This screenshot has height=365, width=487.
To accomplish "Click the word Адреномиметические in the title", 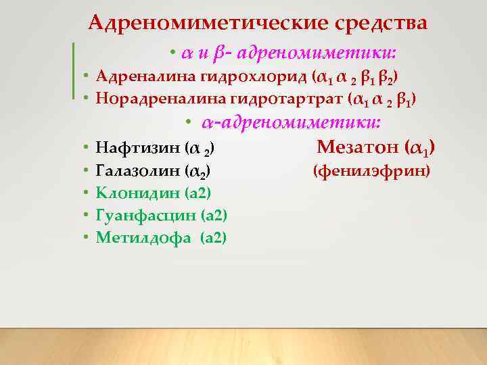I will pyautogui.click(x=208, y=23).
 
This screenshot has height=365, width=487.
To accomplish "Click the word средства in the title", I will pyautogui.click(x=380, y=23).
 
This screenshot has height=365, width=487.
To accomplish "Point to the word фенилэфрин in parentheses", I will pyautogui.click(x=371, y=170).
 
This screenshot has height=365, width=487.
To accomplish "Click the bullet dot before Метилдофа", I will pyautogui.click(x=88, y=238).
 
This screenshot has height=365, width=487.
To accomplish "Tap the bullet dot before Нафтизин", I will pyautogui.click(x=88, y=147).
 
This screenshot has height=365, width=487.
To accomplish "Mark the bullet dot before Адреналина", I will pyautogui.click(x=88, y=75).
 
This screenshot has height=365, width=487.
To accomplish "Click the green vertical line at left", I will pyautogui.click(x=73, y=70).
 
